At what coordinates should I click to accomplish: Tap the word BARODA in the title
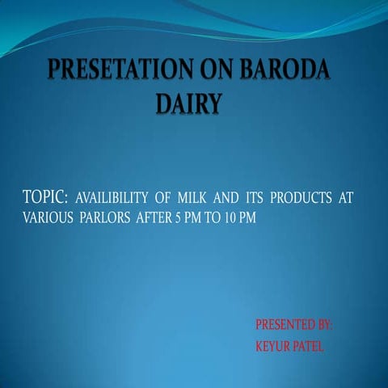pyautogui.click(x=283, y=71)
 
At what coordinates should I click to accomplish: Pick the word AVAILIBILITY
pyautogui.click(x=116, y=199)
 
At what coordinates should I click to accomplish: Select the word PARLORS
pyautogui.click(x=107, y=218)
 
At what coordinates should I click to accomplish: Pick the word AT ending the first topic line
pyautogui.click(x=345, y=199)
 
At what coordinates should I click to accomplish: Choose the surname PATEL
pyautogui.click(x=309, y=346)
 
